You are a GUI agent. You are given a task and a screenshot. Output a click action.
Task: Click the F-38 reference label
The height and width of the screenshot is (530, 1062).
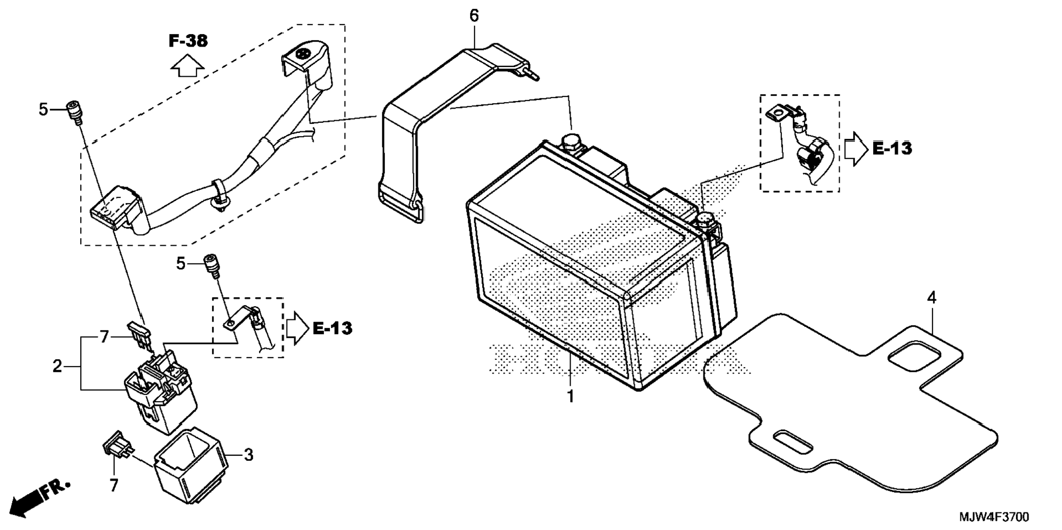(x=188, y=41)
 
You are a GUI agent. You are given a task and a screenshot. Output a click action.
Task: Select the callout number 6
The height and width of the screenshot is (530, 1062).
(x=474, y=16)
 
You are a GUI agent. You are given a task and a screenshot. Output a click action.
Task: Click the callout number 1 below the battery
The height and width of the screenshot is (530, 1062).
(x=571, y=396)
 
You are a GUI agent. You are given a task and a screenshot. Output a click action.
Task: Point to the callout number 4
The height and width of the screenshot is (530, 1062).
(x=931, y=298)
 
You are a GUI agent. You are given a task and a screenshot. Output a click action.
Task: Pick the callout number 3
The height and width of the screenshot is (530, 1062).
(x=248, y=455)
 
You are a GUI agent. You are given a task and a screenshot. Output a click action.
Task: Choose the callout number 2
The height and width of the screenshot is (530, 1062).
(x=58, y=366)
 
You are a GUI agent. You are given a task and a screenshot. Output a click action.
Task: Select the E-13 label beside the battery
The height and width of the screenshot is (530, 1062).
(x=892, y=148)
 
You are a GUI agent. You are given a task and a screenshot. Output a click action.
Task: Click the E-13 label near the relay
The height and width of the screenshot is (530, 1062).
(x=332, y=329)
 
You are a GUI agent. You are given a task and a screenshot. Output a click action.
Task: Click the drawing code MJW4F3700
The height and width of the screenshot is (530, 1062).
(x=993, y=517)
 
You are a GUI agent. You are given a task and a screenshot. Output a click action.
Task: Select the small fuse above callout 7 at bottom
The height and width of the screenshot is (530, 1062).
(x=116, y=444)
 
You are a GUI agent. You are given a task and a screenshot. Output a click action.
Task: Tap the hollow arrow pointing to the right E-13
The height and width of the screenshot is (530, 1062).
(x=854, y=148)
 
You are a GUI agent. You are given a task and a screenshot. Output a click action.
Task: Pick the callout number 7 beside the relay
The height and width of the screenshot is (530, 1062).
(x=104, y=337)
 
